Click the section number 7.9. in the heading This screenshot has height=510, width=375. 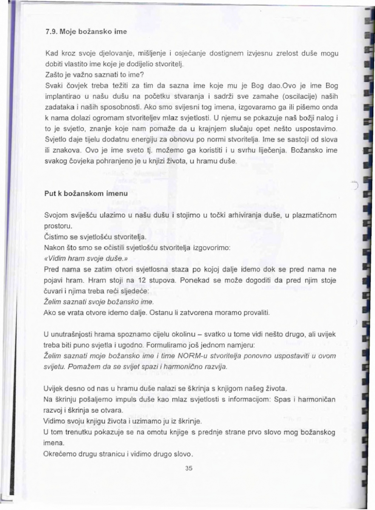51,32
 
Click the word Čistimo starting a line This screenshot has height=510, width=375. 56,236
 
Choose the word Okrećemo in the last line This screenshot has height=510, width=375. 60,453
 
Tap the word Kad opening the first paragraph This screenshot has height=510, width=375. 50,54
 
